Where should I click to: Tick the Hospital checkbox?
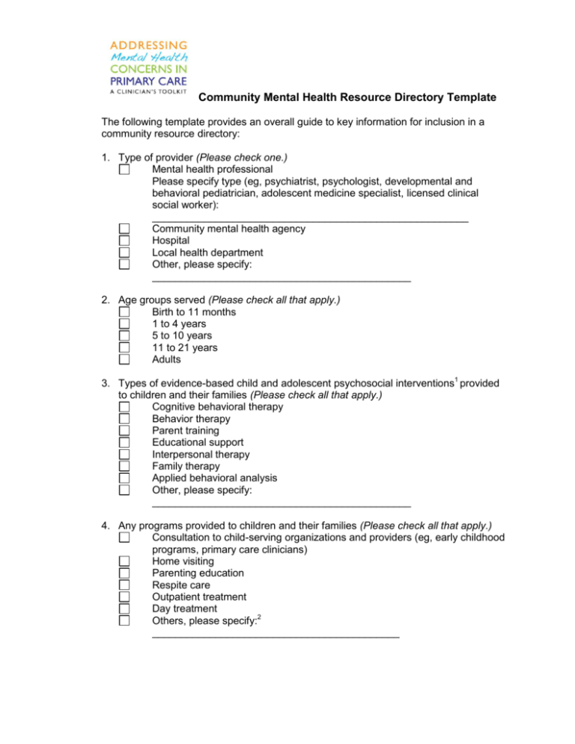(x=124, y=240)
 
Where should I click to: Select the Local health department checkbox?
(x=124, y=252)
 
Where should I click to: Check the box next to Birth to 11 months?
(x=124, y=311)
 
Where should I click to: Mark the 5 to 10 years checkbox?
(x=124, y=335)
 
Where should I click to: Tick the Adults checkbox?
(x=124, y=359)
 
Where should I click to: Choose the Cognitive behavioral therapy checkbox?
(x=124, y=406)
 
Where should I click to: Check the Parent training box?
(x=124, y=430)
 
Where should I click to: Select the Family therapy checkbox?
(x=124, y=466)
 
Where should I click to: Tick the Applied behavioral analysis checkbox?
(x=124, y=478)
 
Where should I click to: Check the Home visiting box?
(x=124, y=561)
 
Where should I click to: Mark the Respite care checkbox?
(x=124, y=585)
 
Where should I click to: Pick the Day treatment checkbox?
(x=124, y=609)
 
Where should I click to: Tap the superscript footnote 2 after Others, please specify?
(x=255, y=618)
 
